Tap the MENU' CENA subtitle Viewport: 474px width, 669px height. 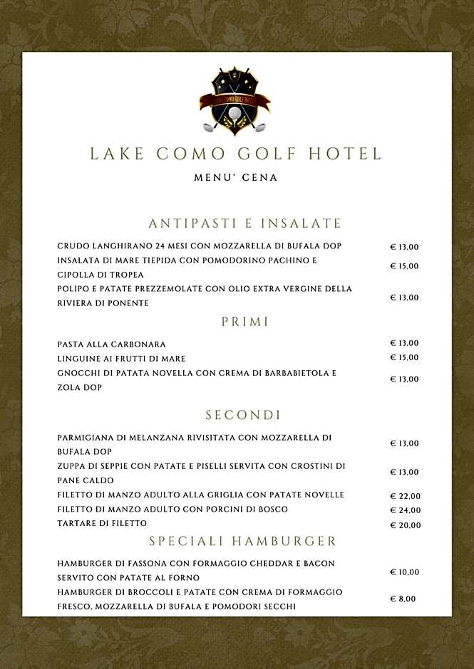[236, 177]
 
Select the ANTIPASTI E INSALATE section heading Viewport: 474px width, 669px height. [245, 223]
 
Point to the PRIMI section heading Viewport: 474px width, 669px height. [245, 322]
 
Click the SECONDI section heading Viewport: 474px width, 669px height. [243, 415]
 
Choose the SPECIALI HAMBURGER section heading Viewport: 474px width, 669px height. [242, 542]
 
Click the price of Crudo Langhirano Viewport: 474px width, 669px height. [404, 247]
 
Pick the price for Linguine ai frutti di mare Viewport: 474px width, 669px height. [404, 357]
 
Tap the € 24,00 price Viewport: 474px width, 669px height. [405, 510]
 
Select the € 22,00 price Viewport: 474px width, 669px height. [405, 496]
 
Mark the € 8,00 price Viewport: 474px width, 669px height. [402, 599]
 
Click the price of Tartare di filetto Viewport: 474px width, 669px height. [405, 525]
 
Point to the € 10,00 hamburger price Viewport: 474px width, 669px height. [404, 572]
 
